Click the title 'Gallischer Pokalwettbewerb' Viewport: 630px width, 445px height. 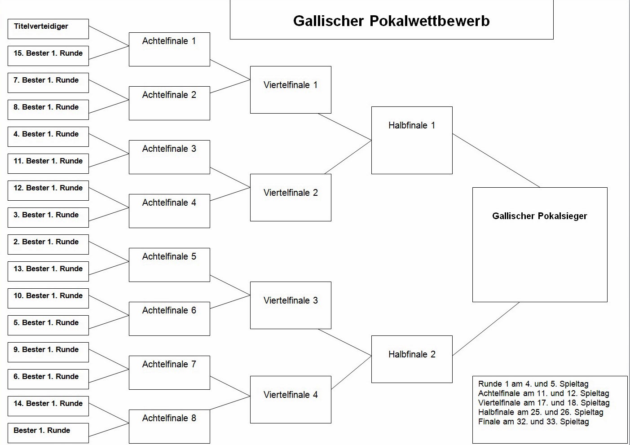(391, 21)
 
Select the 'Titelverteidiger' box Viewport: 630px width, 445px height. (48, 29)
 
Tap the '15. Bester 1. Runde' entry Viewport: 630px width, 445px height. (48, 56)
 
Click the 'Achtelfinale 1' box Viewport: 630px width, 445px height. (169, 49)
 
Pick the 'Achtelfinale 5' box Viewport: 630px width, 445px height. (169, 265)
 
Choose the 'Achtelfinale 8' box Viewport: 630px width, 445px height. (169, 427)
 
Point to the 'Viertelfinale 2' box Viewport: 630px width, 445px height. (291, 198)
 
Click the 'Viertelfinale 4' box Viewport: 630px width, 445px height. (291, 400)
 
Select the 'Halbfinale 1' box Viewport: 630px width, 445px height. (412, 141)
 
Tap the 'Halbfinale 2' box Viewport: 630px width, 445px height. (412, 359)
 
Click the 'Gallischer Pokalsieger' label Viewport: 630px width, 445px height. (539, 216)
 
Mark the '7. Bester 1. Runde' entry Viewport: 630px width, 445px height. (48, 83)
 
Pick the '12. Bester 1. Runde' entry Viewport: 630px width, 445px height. (48, 191)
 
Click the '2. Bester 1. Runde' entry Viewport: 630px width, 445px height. (48, 244)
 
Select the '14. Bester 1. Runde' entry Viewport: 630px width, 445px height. (48, 406)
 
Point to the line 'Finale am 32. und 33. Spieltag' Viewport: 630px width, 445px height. (533, 422)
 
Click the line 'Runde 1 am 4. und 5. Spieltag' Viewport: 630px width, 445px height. (533, 384)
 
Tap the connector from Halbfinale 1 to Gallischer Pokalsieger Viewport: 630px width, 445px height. (496, 161)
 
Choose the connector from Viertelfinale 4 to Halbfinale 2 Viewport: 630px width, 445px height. (351, 373)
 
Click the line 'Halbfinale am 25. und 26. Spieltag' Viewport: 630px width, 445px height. (541, 412)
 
